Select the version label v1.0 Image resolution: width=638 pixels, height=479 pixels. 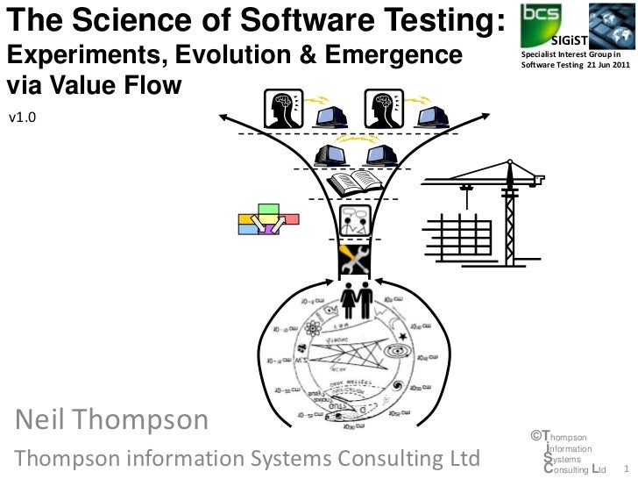coord(22,115)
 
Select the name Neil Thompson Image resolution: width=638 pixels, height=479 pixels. coord(110,420)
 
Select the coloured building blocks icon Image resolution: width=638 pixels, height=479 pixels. coord(267,219)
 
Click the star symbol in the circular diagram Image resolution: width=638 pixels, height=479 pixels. coord(402,336)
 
